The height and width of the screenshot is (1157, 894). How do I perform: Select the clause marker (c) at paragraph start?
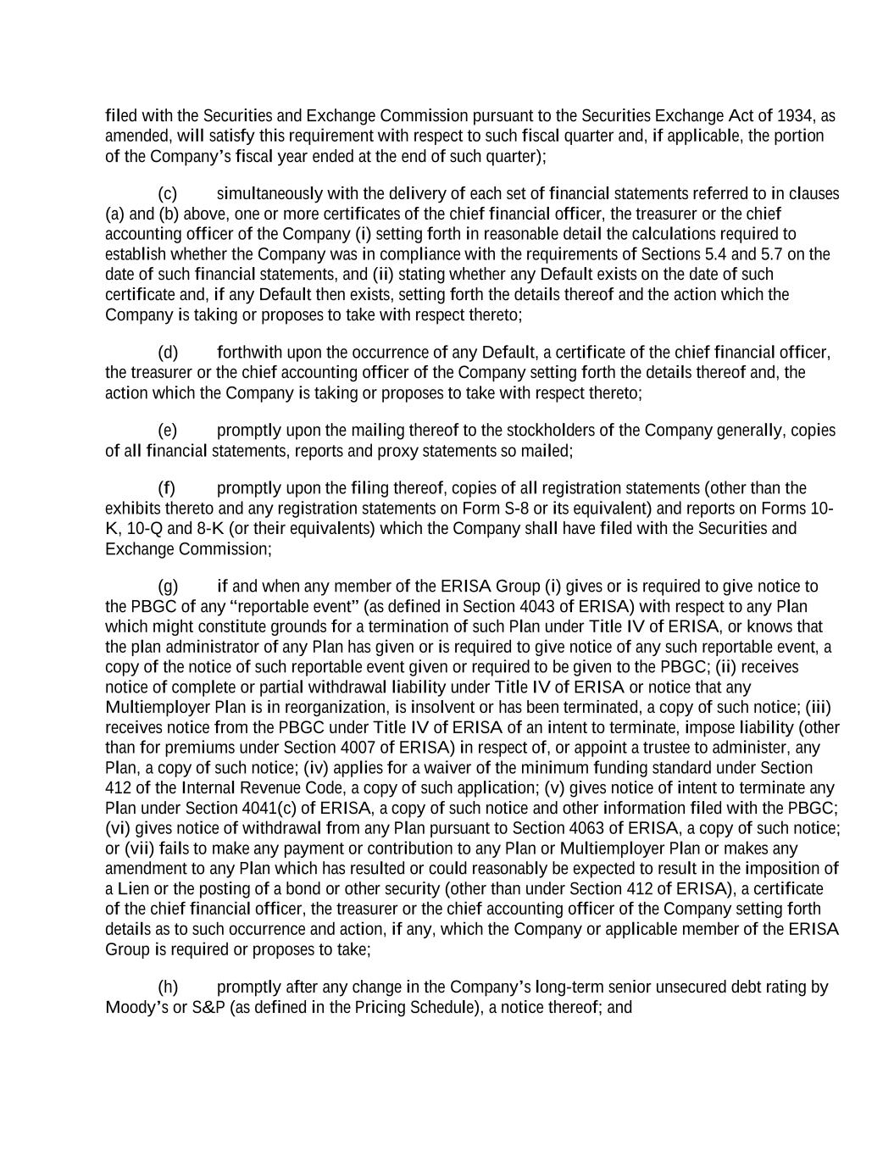[167, 193]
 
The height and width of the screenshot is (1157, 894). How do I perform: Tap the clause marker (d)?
[168, 352]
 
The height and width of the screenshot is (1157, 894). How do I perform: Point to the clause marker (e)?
[167, 431]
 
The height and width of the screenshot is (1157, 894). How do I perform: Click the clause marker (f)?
[166, 488]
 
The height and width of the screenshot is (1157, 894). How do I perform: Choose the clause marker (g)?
[168, 587]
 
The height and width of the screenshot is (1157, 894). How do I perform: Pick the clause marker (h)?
[168, 987]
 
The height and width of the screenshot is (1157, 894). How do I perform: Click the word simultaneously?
[269, 193]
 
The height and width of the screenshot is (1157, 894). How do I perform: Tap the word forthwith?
[247, 352]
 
